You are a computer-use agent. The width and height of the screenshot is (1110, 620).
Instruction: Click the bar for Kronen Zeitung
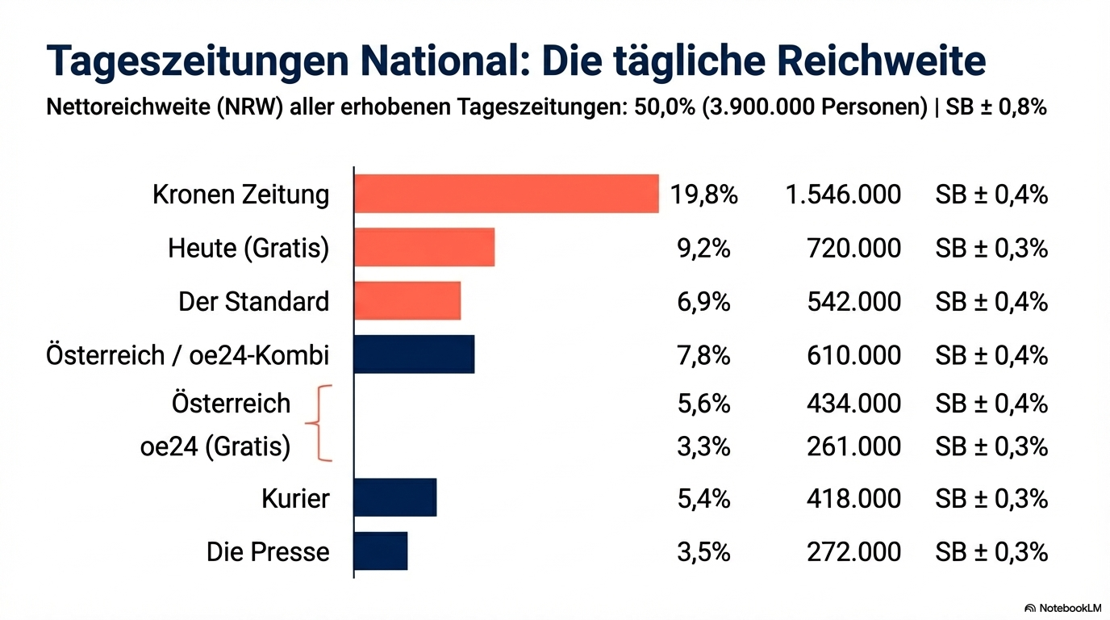point(506,194)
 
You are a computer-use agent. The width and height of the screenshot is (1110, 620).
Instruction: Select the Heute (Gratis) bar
point(424,247)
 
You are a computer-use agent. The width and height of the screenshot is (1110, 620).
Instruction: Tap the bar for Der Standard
point(407,301)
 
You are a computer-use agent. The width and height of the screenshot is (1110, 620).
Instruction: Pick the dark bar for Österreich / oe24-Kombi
point(414,354)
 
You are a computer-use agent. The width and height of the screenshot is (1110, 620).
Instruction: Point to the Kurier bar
point(394,497)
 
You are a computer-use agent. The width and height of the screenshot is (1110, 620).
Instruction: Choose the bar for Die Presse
point(380,551)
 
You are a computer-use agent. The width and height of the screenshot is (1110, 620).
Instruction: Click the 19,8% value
point(703,195)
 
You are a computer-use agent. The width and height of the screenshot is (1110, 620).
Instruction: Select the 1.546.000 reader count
point(842,195)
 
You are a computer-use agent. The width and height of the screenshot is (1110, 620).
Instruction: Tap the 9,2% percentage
point(703,248)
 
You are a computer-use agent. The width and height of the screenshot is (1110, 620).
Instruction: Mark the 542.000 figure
point(853,301)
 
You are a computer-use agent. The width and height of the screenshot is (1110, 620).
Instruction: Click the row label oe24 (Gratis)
point(215,446)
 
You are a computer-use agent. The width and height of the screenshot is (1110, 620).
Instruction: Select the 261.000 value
point(853,446)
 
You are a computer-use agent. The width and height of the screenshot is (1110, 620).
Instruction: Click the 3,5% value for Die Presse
point(703,551)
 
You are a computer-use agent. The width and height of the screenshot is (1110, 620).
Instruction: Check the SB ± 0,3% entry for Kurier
point(991,498)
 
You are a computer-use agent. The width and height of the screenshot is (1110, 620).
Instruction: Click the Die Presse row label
point(268,551)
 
